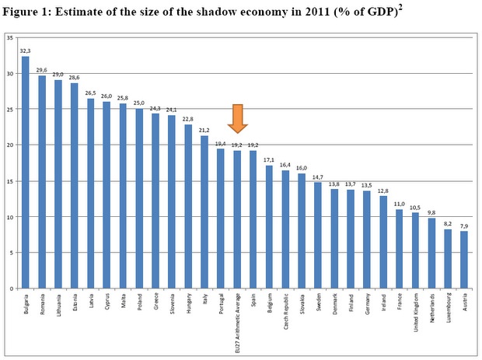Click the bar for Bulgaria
25,171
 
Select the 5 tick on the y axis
10,253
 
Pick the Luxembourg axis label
448,308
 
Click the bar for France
399,249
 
